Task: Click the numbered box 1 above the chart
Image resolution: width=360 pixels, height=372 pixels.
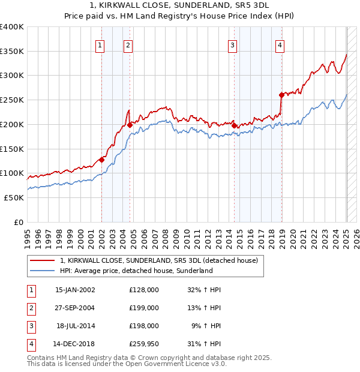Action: (100, 44)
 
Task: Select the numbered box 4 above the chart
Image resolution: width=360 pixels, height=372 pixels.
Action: (280, 44)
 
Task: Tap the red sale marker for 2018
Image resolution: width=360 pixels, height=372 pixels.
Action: (281, 95)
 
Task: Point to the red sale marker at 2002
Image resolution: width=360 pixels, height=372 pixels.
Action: (102, 160)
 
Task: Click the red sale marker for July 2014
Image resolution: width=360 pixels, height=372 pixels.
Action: (234, 125)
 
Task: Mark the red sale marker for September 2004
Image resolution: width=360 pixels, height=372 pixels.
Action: (130, 125)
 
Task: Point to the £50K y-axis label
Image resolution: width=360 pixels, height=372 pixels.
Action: (14, 197)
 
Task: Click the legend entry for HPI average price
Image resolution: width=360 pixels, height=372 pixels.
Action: (136, 271)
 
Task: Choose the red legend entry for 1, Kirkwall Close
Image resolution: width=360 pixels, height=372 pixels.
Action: (159, 260)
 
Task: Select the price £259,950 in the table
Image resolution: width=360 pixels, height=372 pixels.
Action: (144, 344)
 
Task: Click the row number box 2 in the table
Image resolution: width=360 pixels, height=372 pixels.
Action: (31, 308)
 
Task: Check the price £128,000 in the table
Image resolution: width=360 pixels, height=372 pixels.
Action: (144, 290)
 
